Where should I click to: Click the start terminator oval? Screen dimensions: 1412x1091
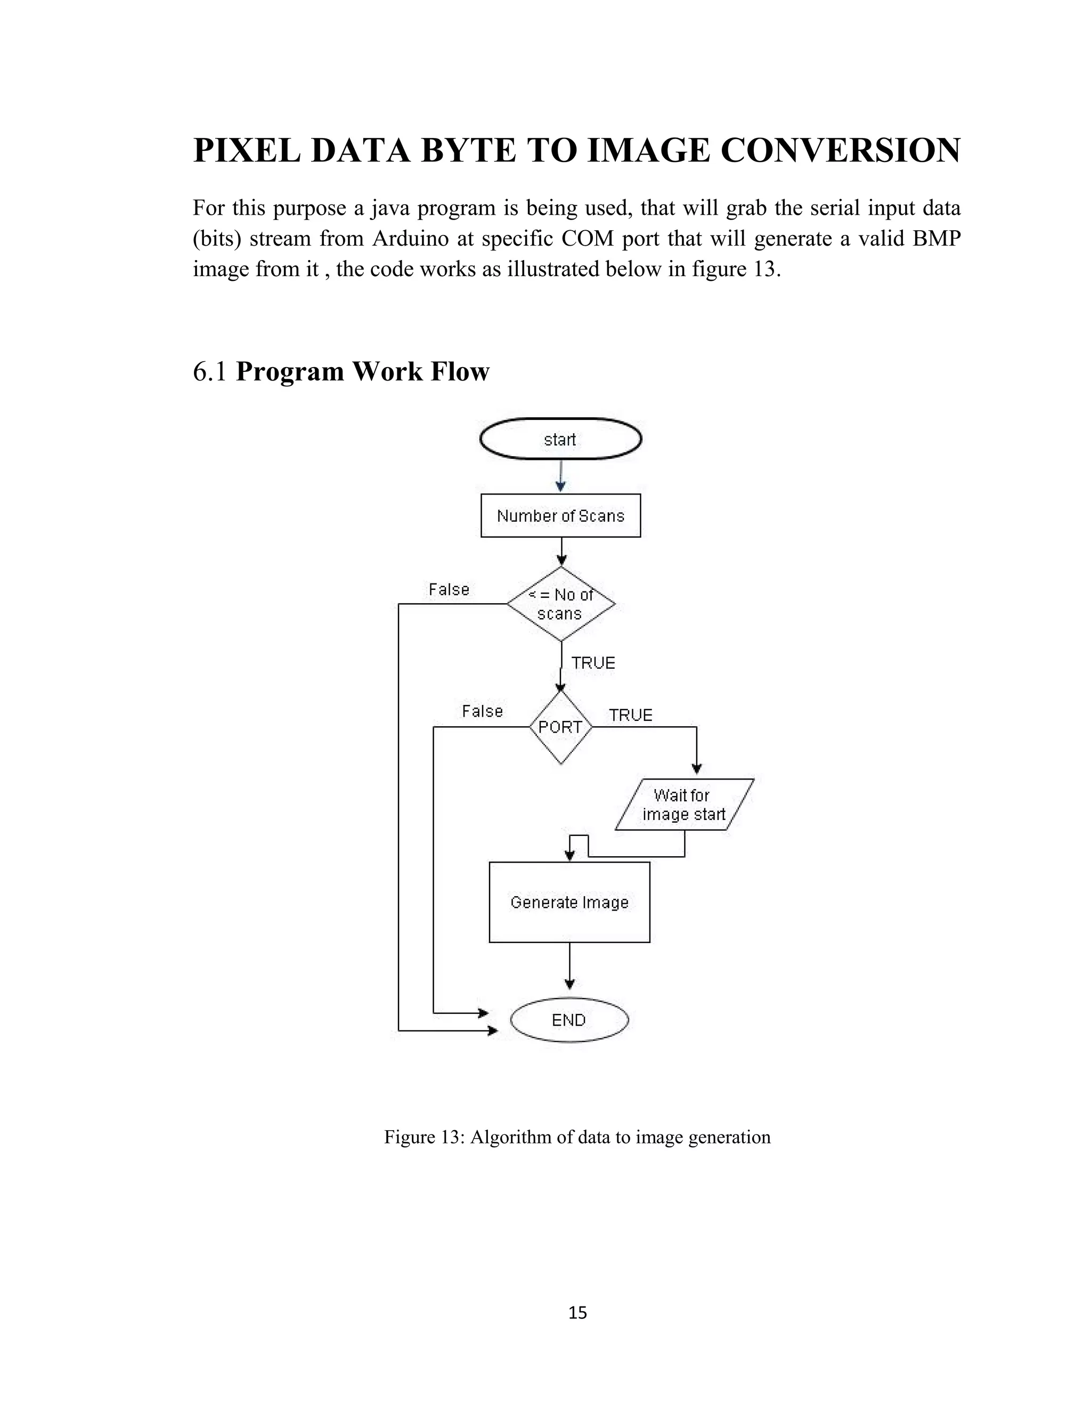pos(560,439)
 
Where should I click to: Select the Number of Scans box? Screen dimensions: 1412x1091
pos(560,516)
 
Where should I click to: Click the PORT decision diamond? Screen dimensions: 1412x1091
pos(560,727)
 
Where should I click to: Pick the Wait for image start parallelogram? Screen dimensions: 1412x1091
pos(684,805)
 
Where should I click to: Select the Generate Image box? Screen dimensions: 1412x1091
pos(569,902)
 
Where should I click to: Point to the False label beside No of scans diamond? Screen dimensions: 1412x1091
pos(449,590)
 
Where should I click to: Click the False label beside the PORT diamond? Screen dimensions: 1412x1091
pos(482,711)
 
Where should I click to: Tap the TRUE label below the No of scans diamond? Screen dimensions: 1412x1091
pos(593,663)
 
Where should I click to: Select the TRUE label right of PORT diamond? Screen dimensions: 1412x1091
pos(630,715)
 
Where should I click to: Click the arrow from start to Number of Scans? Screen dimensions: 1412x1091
pos(561,476)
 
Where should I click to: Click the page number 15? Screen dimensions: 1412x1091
pos(577,1312)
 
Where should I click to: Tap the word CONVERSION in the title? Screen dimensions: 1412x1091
pos(840,151)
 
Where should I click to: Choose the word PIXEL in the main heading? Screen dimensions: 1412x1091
pos(246,151)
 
